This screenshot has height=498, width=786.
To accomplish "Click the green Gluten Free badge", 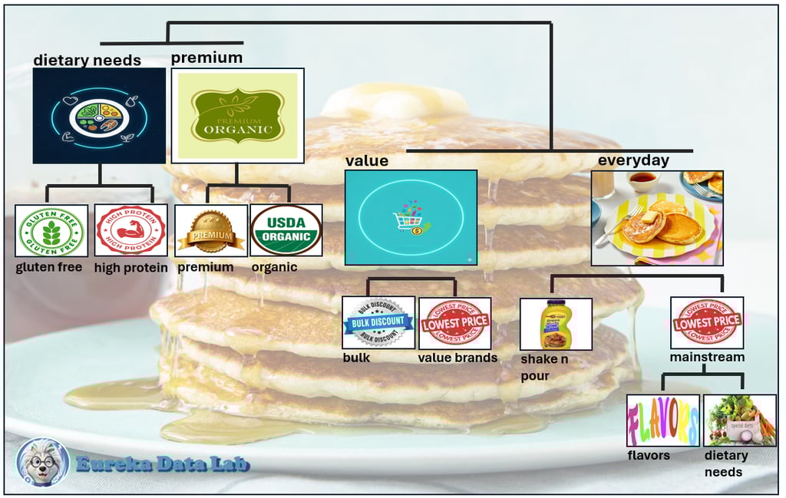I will point(51,230).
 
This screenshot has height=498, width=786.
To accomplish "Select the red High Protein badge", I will point(130,230).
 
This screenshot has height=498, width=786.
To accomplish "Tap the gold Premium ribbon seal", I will point(211,230).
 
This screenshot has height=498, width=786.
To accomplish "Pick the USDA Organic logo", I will point(286,229).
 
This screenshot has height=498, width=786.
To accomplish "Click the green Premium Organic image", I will point(237,115).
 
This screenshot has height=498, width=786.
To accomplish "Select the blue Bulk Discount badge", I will point(378,322).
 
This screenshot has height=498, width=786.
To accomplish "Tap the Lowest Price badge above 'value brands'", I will point(454,322).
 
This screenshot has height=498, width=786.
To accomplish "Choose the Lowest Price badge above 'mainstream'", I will point(706,322).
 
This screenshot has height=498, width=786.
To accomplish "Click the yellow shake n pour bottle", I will point(556,324).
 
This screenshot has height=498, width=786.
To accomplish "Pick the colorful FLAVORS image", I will point(663,420).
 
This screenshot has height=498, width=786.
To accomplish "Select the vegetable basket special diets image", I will point(739,420).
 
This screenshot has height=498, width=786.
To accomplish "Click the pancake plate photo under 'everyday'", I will point(657,217).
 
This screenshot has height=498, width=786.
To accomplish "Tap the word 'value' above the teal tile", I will point(366,161).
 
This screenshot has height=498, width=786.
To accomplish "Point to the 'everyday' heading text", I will point(633,161).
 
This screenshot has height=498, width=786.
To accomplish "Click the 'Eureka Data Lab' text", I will point(163,463).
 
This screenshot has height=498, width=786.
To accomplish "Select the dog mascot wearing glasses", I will point(43,461).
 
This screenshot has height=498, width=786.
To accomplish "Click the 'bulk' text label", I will point(356,358).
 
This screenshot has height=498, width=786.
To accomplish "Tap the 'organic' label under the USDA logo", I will point(274,267).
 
